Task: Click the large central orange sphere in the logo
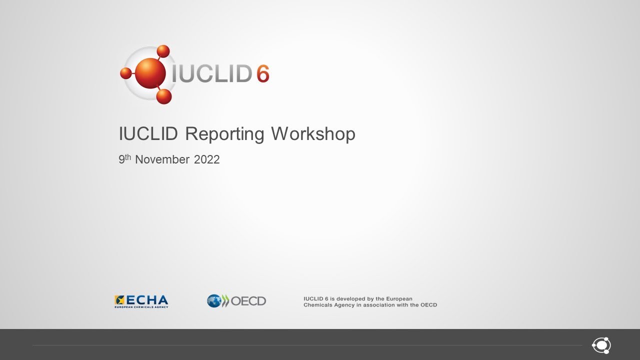(x=149, y=73)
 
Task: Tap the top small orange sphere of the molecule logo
(x=163, y=51)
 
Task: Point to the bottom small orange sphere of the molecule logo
(x=163, y=96)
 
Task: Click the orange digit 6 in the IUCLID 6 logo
(x=262, y=74)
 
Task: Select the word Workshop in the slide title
(x=313, y=134)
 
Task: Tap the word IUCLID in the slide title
(x=149, y=134)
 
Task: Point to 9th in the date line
(x=124, y=159)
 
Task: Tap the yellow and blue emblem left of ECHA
(x=120, y=300)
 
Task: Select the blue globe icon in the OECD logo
(x=214, y=300)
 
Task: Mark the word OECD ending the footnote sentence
(x=428, y=305)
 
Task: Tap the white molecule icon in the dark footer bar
(x=601, y=345)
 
